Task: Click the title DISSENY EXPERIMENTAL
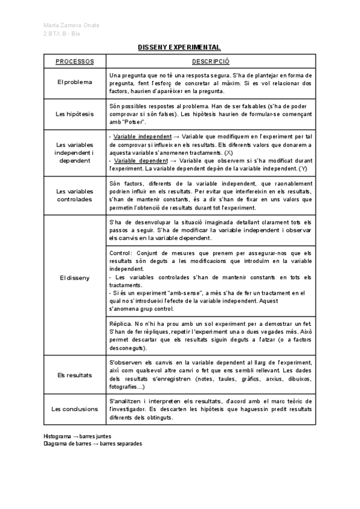click(180, 47)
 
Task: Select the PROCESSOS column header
click(74, 62)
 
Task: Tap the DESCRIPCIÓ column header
click(210, 62)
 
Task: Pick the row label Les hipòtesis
click(74, 114)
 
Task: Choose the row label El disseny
click(74, 278)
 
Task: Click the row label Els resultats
click(74, 375)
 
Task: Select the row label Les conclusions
click(74, 409)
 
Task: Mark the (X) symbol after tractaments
click(229, 153)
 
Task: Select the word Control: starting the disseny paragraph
click(123, 253)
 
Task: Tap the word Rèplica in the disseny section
click(122, 324)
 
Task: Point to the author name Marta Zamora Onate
click(72, 25)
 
